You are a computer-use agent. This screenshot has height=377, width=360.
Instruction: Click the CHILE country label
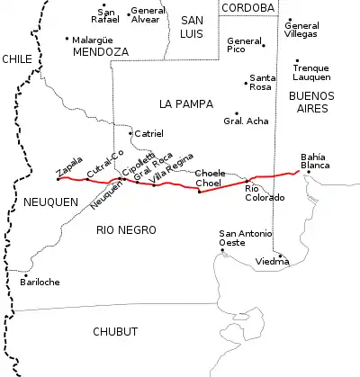pyautogui.click(x=17, y=58)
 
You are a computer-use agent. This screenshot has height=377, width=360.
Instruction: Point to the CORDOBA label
pyautogui.click(x=247, y=7)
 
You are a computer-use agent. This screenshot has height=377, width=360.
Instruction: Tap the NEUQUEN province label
pyautogui.click(x=50, y=202)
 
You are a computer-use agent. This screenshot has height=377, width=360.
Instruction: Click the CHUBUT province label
pyautogui.click(x=115, y=332)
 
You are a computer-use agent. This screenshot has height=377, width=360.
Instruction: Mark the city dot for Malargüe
pyautogui.click(x=67, y=39)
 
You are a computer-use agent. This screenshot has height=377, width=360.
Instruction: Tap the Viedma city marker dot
pyautogui.click(x=281, y=256)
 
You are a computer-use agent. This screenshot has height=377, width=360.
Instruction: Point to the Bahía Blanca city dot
pyautogui.click(x=308, y=172)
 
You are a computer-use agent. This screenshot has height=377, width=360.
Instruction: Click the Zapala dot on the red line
pyautogui.click(x=58, y=178)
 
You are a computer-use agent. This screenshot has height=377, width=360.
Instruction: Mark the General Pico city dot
pyautogui.click(x=263, y=43)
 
